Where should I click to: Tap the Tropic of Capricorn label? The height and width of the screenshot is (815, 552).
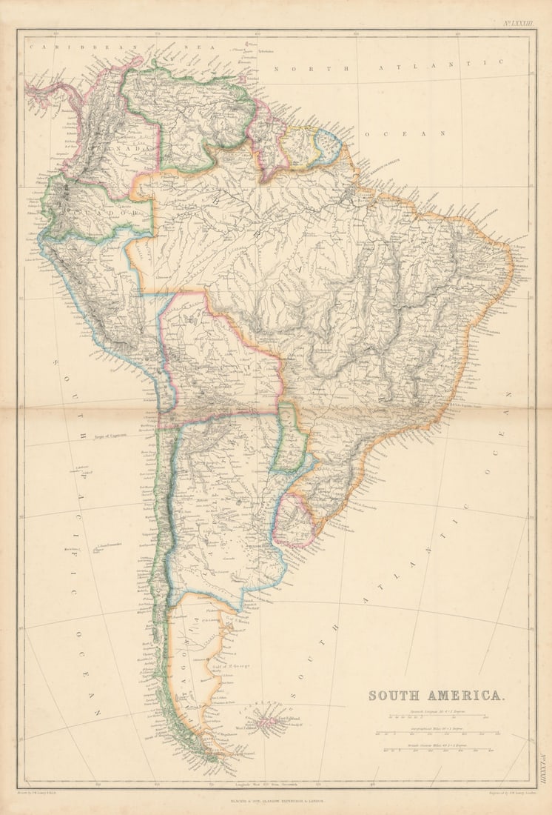pos(110,436)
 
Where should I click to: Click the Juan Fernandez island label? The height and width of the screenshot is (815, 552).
pos(107,548)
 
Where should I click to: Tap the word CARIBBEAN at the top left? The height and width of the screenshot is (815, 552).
pos(61,46)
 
